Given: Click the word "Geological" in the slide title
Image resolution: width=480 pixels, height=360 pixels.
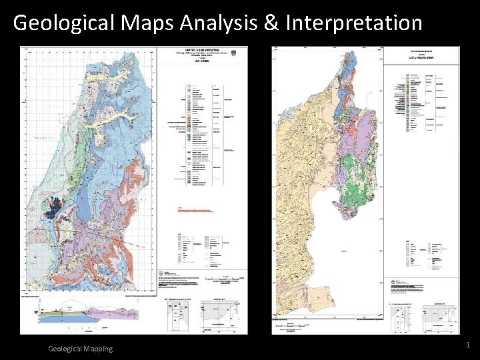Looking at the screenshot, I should (64, 23).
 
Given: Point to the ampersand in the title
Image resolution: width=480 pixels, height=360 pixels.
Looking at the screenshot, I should (271, 23).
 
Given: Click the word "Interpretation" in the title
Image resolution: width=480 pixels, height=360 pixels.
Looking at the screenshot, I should (353, 23).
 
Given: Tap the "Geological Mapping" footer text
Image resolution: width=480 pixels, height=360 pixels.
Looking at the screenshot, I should (81, 349).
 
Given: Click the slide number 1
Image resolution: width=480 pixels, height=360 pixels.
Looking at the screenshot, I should (468, 345).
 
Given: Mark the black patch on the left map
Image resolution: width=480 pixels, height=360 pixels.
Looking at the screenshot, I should (52, 209).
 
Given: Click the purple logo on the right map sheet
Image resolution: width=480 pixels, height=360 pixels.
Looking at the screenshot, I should (392, 282).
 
